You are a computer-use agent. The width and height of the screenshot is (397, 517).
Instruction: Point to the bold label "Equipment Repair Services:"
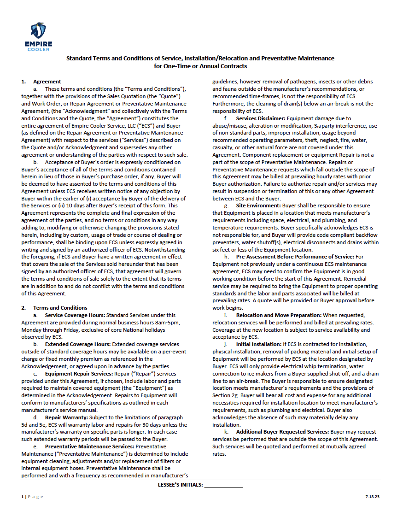point(78,374)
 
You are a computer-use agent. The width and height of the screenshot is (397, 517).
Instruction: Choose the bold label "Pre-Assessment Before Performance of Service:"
point(295,256)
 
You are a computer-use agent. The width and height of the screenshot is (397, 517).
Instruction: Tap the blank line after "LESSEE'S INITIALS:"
point(223,485)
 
